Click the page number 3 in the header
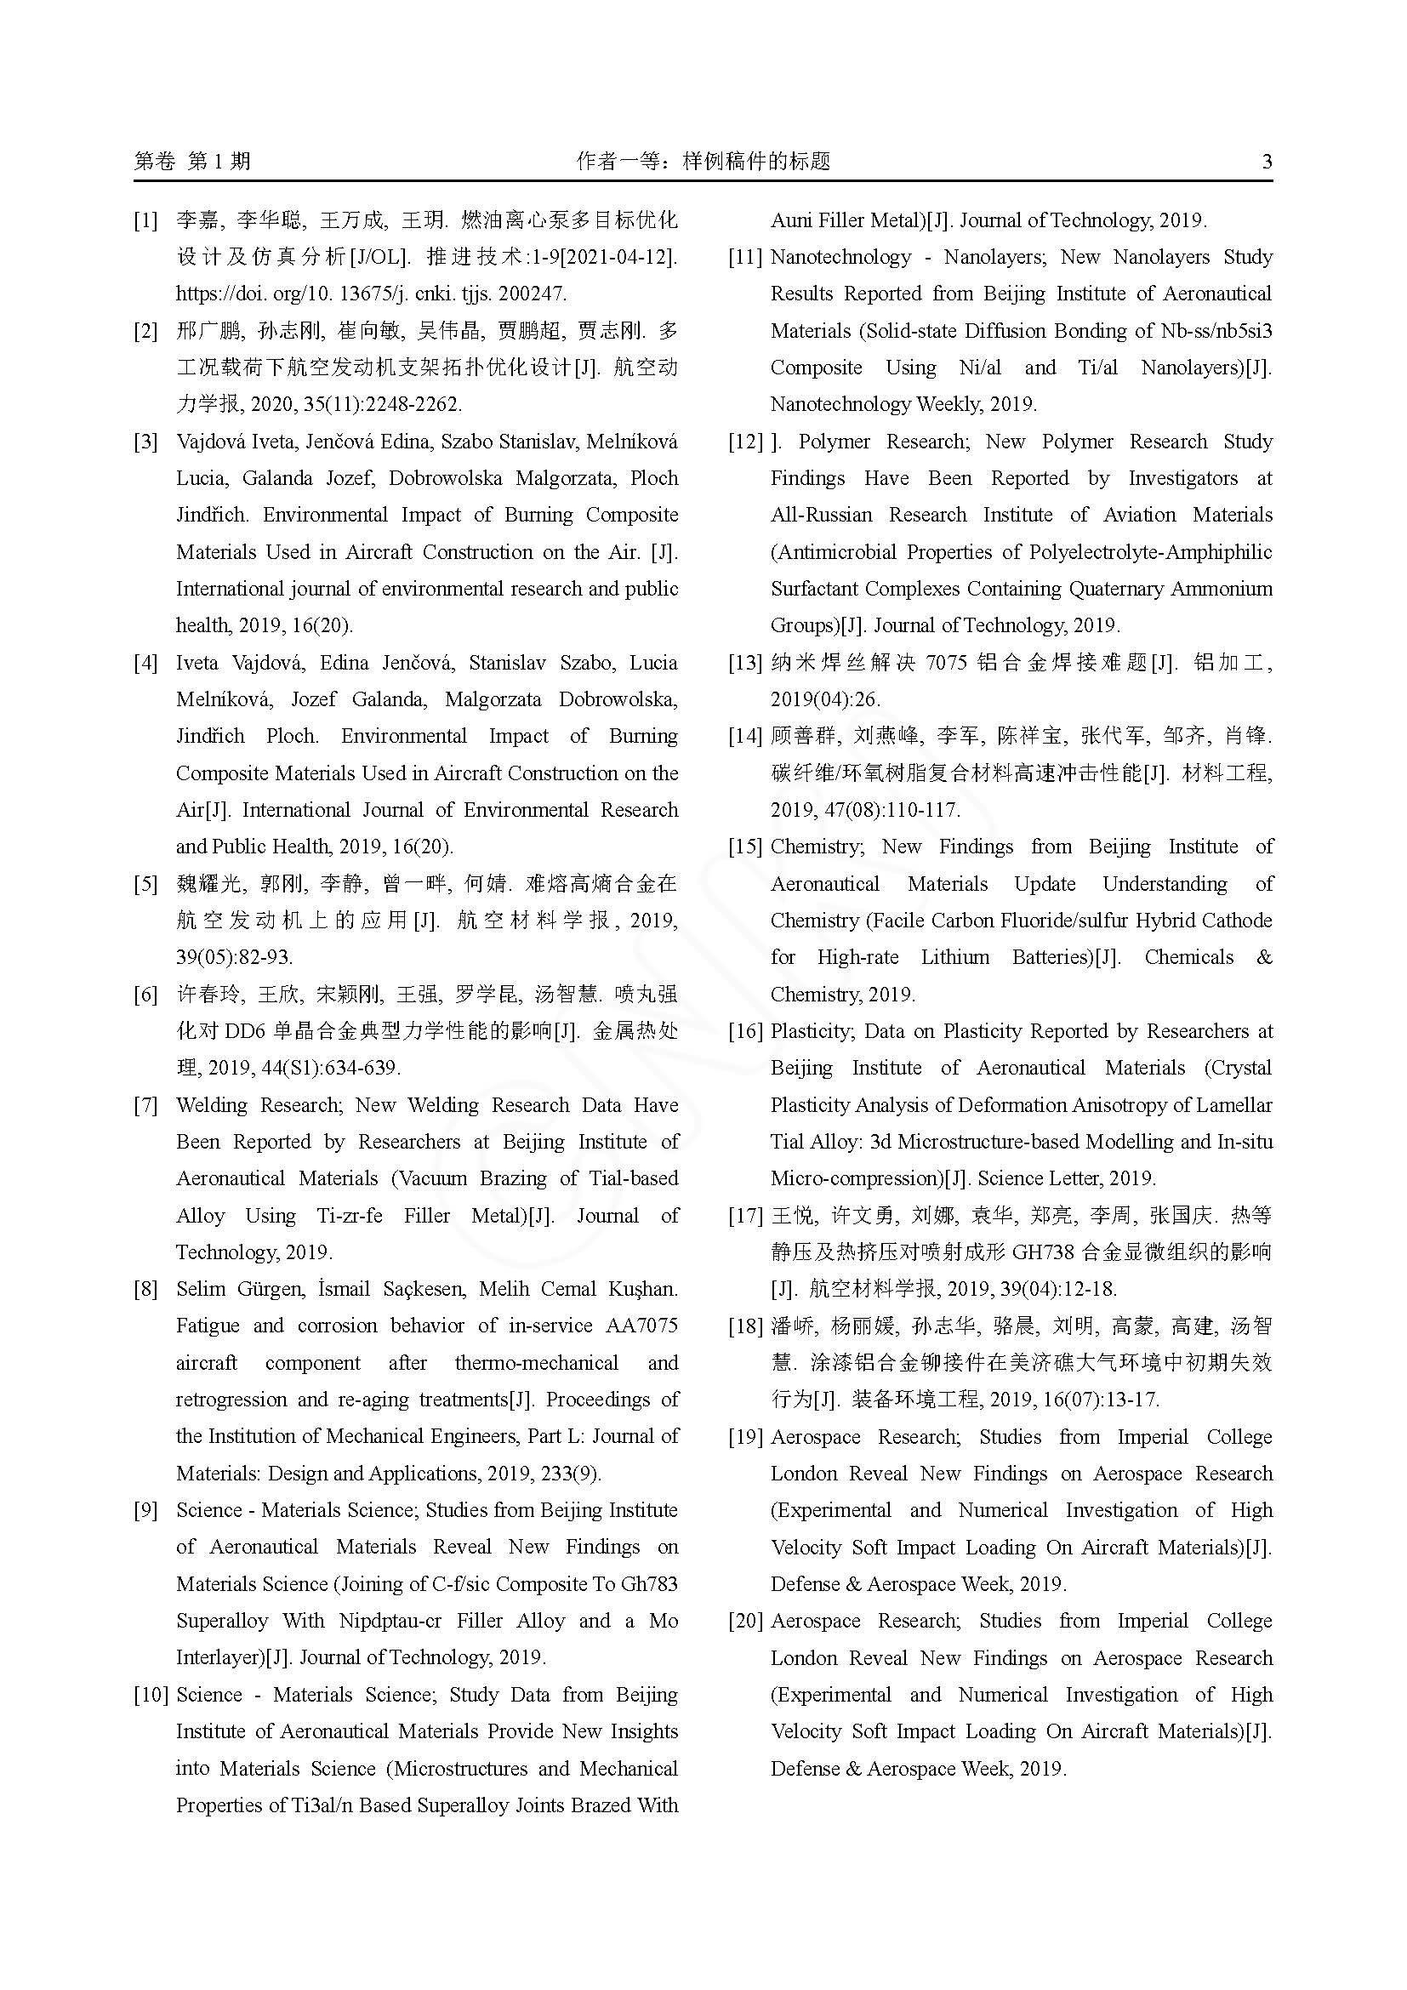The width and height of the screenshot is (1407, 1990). click(1267, 161)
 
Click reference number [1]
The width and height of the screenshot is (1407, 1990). click(145, 220)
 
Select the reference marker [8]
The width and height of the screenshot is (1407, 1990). click(145, 1289)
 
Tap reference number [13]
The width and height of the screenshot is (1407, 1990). click(745, 663)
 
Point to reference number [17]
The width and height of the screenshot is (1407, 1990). click(745, 1215)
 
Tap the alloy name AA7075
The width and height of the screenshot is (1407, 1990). click(636, 1326)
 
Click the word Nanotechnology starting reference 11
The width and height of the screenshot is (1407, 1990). click(840, 258)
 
